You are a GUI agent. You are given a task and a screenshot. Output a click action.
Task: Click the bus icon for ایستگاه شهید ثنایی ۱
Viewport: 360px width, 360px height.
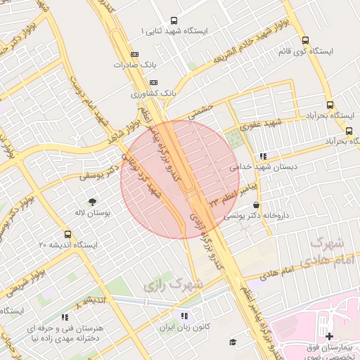click(x=174, y=21)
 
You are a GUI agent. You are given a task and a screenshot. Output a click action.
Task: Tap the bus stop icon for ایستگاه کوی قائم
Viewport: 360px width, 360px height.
click(x=304, y=41)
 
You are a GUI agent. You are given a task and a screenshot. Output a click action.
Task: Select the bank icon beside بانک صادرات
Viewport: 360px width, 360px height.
click(x=135, y=54)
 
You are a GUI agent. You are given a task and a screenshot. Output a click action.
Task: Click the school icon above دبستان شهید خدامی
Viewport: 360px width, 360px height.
click(x=262, y=157)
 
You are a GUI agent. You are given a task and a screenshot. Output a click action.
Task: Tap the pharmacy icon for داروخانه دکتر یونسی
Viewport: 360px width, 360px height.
click(x=255, y=205)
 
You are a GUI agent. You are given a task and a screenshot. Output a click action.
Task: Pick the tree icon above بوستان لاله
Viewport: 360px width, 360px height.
click(x=91, y=201)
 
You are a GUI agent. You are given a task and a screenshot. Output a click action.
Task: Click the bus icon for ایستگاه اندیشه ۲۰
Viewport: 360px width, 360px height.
click(x=67, y=234)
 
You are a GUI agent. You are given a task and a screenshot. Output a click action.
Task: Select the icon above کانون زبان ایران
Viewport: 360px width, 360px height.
click(x=184, y=316)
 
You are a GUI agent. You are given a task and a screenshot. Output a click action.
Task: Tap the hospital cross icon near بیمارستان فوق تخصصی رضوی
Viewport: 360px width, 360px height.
click(x=329, y=337)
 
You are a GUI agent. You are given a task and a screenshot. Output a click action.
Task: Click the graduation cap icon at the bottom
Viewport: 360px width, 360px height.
click(x=232, y=342)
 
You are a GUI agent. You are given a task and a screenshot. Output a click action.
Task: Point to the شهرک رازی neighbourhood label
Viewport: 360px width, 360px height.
click(x=173, y=284)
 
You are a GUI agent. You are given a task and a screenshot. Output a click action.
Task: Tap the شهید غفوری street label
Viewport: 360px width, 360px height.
click(x=259, y=124)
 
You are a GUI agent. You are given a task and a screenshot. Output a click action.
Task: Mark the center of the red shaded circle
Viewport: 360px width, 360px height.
click(x=180, y=179)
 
